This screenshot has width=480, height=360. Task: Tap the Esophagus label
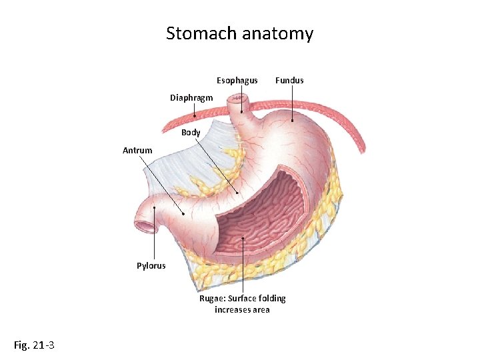[x=237, y=81]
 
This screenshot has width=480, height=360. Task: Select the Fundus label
[x=289, y=81]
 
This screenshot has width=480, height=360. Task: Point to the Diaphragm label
[x=191, y=98]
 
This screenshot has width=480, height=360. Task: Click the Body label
[x=191, y=133]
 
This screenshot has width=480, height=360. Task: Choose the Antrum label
[x=137, y=151]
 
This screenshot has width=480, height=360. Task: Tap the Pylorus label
[x=151, y=266]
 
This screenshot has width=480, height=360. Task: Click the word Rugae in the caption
[x=213, y=299]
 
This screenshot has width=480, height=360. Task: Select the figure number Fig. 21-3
[x=34, y=345]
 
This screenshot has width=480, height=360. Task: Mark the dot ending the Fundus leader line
[x=293, y=121]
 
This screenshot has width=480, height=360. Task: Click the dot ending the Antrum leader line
[x=184, y=215]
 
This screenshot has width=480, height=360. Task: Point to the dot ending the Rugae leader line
[x=243, y=238]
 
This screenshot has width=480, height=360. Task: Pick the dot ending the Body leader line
[x=237, y=193]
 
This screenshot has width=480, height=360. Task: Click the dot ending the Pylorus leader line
[x=154, y=208]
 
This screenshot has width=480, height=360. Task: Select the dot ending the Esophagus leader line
[x=241, y=112]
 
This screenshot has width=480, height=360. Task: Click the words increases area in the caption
[x=242, y=310]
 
